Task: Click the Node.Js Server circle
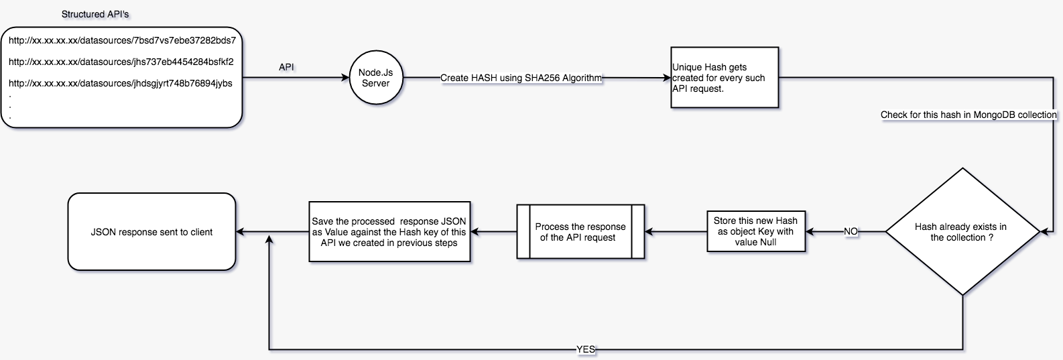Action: pos(375,78)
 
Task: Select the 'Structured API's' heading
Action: pos(100,14)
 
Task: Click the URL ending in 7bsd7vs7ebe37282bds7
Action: pos(122,40)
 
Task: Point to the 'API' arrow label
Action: pos(286,68)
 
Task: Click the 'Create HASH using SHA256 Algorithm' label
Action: pos(521,78)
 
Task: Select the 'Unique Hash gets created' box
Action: pos(725,78)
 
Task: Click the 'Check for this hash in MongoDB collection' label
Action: pos(968,115)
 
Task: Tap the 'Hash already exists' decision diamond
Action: pos(962,232)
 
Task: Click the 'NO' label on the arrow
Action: pos(851,232)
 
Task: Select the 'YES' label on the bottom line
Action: pos(586,349)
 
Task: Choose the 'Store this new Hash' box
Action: pos(755,231)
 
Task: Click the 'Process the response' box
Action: pos(580,232)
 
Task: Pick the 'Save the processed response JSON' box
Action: pos(389,232)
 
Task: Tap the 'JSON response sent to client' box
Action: pos(151,232)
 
